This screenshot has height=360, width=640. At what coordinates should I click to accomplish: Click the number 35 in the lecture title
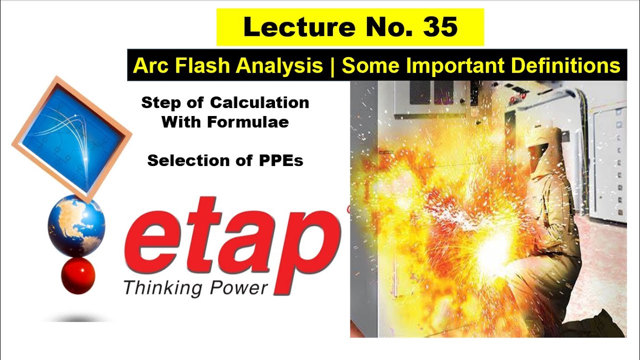(x=440, y=27)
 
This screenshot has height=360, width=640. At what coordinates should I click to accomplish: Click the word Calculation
(x=259, y=103)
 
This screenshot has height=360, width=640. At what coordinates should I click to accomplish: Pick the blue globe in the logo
(x=77, y=226)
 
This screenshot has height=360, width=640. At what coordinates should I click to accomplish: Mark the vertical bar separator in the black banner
(x=332, y=65)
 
